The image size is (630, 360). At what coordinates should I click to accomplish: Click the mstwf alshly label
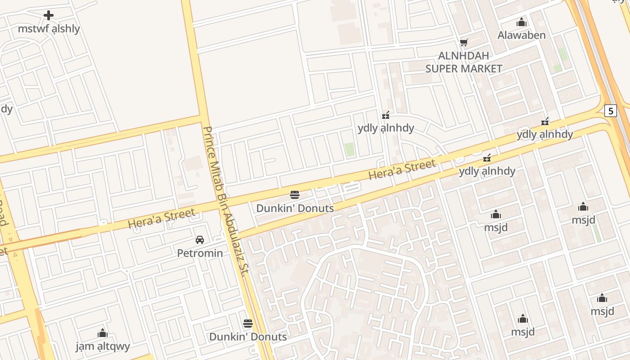pyautogui.click(x=49, y=29)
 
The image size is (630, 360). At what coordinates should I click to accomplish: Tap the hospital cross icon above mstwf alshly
pyautogui.click(x=49, y=15)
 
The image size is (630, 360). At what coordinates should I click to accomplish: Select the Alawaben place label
pyautogui.click(x=522, y=35)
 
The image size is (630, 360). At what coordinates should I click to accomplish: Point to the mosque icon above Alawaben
pyautogui.click(x=522, y=22)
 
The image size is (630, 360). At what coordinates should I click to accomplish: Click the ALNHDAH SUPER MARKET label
pyautogui.click(x=463, y=62)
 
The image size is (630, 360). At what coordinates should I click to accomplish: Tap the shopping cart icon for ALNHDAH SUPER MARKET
pyautogui.click(x=463, y=43)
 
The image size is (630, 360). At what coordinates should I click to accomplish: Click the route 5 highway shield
pyautogui.click(x=610, y=111)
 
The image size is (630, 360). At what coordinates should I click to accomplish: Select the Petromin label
pyautogui.click(x=200, y=253)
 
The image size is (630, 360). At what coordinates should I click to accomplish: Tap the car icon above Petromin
pyautogui.click(x=200, y=240)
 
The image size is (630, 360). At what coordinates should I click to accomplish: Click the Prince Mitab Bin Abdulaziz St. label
pyautogui.click(x=226, y=201)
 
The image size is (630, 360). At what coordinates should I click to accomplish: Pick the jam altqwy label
pyautogui.click(x=103, y=346)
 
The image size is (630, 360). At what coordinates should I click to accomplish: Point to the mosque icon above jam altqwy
pyautogui.click(x=103, y=333)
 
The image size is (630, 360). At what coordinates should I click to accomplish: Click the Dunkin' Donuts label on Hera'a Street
pyautogui.click(x=295, y=208)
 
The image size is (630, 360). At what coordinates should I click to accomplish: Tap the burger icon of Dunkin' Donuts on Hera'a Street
pyautogui.click(x=295, y=195)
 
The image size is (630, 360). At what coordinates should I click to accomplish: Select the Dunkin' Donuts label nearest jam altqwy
pyautogui.click(x=247, y=337)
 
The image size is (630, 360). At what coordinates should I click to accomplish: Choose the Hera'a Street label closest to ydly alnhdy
pyautogui.click(x=402, y=169)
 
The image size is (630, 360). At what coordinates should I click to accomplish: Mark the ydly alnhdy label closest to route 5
pyautogui.click(x=544, y=134)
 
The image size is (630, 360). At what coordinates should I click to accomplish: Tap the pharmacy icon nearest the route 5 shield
pyautogui.click(x=545, y=121)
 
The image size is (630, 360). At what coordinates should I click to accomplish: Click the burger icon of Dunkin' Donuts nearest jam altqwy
pyautogui.click(x=247, y=323)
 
